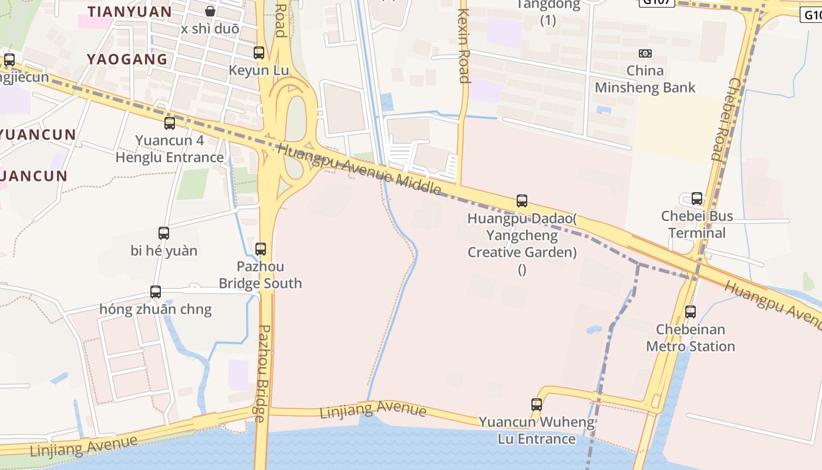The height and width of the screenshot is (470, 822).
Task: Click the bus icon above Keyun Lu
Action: coord(259,53)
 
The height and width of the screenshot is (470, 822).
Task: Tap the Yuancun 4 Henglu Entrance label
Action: coord(170,149)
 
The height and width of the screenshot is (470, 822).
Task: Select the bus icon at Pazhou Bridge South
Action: coord(261,249)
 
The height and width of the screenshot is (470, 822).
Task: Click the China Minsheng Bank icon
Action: coord(645,53)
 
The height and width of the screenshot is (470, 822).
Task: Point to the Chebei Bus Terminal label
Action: coord(697,224)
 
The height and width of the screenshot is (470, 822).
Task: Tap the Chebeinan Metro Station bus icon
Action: coord(690,312)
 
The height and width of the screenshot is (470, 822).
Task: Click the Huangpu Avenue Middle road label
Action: coord(359,169)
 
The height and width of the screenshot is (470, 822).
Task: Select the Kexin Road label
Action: coord(464,46)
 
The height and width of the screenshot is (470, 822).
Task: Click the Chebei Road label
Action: coord(726,119)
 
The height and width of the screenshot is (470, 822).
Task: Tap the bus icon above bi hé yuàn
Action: coord(164,233)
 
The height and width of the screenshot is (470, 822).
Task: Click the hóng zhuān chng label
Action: coord(156,310)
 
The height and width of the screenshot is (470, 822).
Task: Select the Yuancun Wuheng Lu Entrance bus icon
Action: coord(537,405)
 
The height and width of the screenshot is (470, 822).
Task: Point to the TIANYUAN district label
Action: coord(130,12)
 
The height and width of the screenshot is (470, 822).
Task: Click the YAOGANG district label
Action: coord(127,59)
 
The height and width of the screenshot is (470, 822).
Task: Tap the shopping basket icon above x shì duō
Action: coord(210,11)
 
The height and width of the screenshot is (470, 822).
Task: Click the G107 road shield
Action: coord(656,2)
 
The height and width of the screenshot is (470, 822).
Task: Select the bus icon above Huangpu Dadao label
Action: coord(522,201)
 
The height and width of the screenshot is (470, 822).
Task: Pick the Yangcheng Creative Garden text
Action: coord(522,244)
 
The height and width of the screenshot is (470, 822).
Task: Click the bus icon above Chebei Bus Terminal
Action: coord(697,199)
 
